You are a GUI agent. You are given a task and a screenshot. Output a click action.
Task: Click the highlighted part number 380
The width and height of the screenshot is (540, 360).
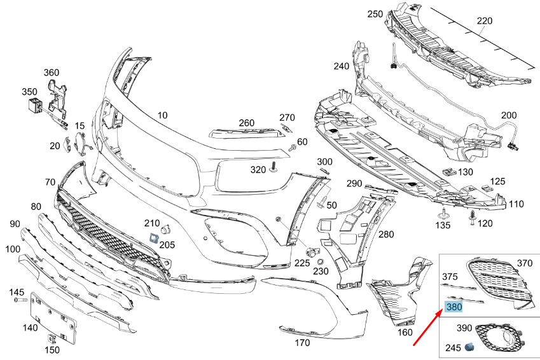pos(453,307)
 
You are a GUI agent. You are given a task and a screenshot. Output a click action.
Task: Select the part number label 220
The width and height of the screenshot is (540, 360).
pos(485,21)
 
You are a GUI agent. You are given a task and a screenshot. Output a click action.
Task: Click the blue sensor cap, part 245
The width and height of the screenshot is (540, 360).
pos(470,347)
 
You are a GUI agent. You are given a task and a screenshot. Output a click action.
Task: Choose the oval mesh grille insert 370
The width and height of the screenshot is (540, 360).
pos(499,282)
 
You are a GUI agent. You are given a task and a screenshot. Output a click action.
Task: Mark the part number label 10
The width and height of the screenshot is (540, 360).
pos(162,115)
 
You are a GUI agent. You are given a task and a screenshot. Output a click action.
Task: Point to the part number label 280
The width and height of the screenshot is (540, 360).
pos(386,235)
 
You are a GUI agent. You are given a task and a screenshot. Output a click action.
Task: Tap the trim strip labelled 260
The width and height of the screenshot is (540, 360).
pos(236,133)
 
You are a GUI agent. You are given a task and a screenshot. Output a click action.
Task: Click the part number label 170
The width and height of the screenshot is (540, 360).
pos(302,343)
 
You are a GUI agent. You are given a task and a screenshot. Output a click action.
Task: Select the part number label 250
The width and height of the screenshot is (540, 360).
pos(375,14)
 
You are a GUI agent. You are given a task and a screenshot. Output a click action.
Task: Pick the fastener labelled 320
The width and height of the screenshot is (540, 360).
pos(274,167)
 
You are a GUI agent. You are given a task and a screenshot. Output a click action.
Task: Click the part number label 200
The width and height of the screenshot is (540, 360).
pos(509,115)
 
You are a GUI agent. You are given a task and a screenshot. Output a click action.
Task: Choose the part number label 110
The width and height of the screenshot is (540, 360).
pos(516,204)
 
